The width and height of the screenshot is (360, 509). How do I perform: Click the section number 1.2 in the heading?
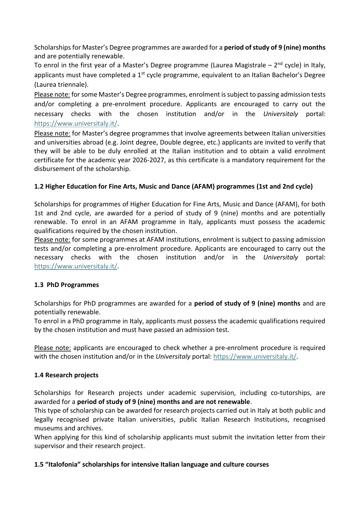39,187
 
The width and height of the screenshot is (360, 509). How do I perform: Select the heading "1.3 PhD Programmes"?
66,285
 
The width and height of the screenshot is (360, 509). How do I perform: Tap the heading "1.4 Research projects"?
66,375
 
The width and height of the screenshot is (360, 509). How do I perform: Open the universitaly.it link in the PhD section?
255,357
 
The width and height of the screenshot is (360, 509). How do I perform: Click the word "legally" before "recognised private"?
44,420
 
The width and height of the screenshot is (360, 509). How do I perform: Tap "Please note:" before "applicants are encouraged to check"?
53,348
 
